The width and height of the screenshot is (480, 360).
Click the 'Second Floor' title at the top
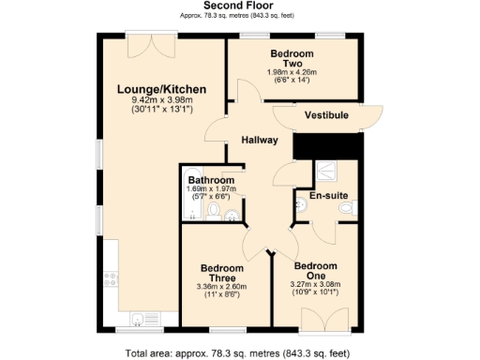coord(239,6)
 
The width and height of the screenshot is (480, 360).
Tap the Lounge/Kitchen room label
coord(161,89)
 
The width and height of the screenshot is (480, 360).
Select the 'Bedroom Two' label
coord(292,59)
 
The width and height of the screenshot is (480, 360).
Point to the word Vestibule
coord(326,114)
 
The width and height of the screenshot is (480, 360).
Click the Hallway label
coord(259,140)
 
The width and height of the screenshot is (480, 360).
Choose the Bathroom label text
coord(210,180)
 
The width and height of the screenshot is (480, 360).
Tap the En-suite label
coord(327,196)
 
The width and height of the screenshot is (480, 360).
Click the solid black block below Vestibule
coord(327,145)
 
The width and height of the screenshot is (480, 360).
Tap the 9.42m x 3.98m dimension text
coord(161,100)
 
